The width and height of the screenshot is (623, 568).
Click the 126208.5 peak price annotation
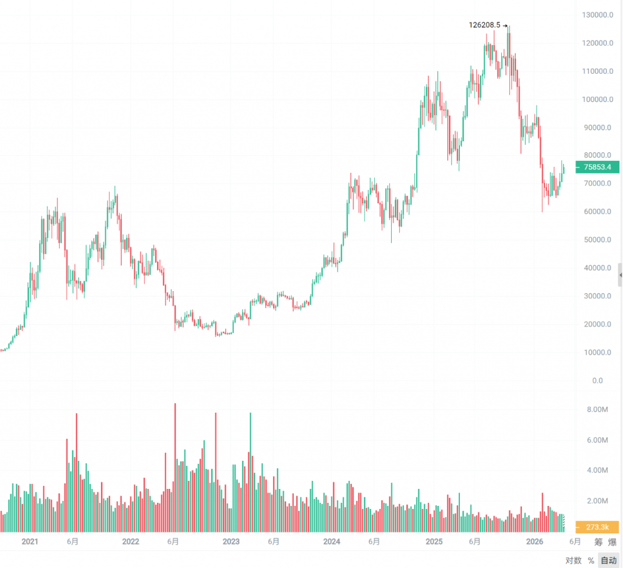[484, 26]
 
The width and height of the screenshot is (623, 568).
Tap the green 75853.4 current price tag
[597, 167]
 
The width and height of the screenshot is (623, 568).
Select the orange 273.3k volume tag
[597, 527]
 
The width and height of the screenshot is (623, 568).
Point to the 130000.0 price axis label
[597, 15]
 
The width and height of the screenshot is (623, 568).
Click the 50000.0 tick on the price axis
[597, 240]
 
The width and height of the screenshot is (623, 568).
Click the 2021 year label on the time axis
[29, 542]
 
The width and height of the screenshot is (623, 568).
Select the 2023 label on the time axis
[231, 542]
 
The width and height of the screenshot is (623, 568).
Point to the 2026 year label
[534, 542]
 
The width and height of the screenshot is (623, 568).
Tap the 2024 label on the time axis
[331, 542]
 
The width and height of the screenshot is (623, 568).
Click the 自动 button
[608, 560]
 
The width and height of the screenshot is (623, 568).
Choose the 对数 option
[573, 560]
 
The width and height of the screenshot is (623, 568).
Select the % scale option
[591, 560]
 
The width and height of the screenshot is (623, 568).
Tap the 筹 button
[599, 542]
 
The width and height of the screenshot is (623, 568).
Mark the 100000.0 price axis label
[597, 99]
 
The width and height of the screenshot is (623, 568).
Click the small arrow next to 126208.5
[505, 26]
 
